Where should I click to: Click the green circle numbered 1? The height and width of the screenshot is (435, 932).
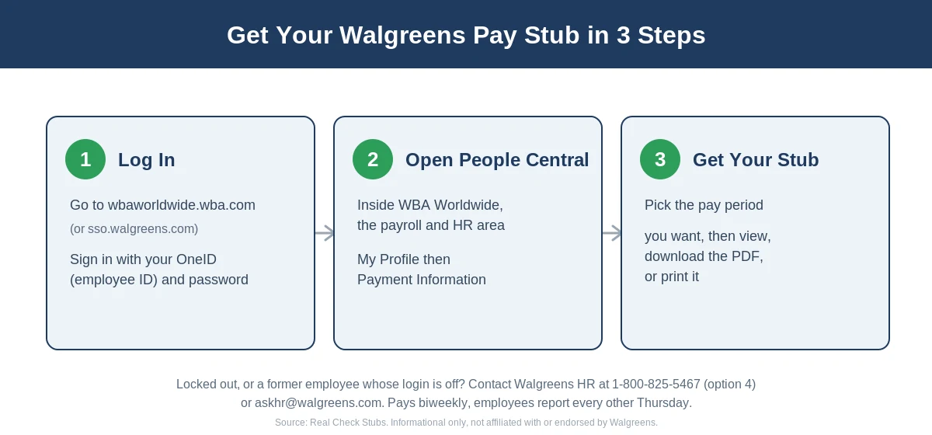click(85, 159)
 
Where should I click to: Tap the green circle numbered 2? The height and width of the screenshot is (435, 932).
click(373, 159)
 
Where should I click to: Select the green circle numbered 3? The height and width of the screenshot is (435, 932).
click(660, 159)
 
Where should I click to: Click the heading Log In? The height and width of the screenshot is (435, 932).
click(147, 160)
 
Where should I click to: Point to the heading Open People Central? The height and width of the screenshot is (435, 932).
click(497, 160)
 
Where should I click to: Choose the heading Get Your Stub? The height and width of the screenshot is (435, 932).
click(756, 160)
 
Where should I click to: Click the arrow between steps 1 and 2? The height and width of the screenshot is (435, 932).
click(325, 233)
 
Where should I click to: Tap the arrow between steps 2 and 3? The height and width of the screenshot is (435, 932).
click(612, 233)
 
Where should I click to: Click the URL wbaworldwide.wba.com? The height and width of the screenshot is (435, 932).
click(182, 205)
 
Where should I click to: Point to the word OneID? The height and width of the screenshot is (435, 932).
click(196, 259)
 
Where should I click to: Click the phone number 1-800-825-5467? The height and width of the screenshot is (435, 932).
click(656, 384)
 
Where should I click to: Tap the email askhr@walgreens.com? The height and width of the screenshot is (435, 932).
click(318, 403)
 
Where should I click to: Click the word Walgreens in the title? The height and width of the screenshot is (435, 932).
click(402, 36)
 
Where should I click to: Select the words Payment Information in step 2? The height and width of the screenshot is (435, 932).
click(422, 280)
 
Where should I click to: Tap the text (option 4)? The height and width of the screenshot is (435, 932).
click(730, 385)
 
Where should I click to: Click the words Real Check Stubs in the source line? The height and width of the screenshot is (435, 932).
click(348, 423)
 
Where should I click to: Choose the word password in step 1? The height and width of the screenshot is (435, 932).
click(218, 280)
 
